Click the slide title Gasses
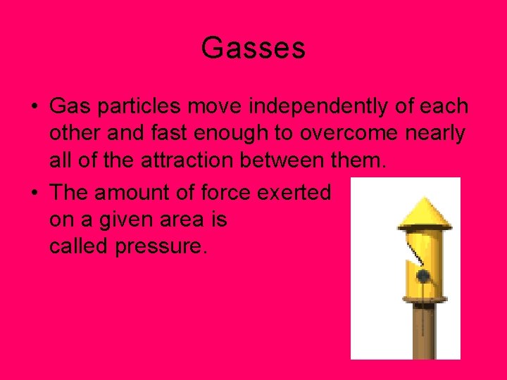253,48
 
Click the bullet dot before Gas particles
34,108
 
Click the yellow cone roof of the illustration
424,213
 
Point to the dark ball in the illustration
423,276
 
